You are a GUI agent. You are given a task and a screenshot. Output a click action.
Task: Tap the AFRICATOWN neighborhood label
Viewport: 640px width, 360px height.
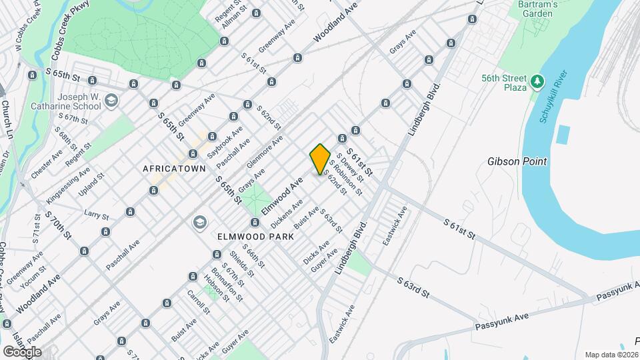click(175, 169)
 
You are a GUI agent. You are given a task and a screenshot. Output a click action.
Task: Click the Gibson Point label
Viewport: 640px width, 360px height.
click(517, 161)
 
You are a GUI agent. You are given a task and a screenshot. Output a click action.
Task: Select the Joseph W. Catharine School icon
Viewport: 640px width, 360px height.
click(111, 101)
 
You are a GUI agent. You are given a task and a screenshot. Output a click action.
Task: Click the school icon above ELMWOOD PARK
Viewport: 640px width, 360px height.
click(199, 222)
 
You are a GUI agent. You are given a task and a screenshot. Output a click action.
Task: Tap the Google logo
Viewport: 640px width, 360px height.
click(22, 351)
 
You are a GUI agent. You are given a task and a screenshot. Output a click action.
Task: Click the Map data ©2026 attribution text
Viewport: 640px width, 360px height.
click(611, 355)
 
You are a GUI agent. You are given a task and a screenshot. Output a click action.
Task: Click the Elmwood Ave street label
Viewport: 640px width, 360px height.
click(283, 195)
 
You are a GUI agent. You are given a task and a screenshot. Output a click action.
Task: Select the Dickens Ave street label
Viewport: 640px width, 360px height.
click(289, 209)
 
